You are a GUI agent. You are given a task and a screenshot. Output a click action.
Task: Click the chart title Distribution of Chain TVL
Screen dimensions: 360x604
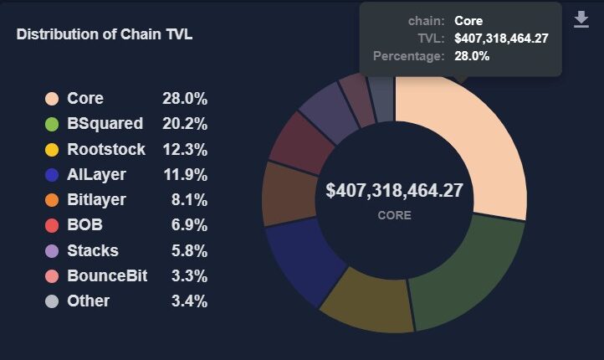click(105, 34)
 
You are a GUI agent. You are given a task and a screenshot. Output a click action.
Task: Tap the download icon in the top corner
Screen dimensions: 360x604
click(581, 19)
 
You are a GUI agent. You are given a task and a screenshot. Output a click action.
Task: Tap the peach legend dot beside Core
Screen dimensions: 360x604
click(51, 99)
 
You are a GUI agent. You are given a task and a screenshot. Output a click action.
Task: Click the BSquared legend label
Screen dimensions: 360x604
click(105, 124)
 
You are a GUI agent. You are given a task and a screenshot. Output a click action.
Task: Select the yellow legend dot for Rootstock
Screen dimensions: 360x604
click(51, 150)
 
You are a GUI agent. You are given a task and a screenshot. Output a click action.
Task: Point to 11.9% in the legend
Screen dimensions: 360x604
click(185, 175)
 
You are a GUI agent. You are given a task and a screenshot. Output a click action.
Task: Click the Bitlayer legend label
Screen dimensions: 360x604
click(96, 200)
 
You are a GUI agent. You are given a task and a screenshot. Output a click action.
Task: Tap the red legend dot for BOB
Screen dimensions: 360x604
click(51, 226)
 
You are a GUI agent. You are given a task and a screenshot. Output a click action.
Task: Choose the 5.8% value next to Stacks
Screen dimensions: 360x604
click(189, 250)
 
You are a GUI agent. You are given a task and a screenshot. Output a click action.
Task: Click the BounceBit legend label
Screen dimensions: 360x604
click(107, 275)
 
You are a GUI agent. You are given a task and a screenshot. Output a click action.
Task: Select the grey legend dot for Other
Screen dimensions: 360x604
click(51, 301)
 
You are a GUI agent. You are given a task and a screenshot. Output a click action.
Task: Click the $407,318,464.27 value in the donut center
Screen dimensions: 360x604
click(394, 190)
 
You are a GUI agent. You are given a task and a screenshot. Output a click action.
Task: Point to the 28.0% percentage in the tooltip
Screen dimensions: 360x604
click(472, 56)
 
